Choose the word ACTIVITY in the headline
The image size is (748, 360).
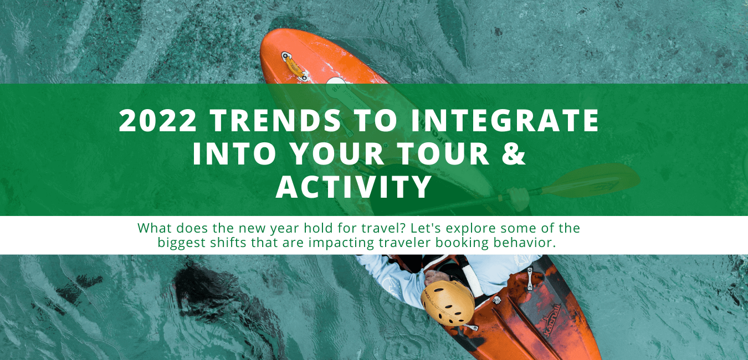pyautogui.click(x=354, y=187)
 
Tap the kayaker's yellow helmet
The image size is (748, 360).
pyautogui.click(x=447, y=302)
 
